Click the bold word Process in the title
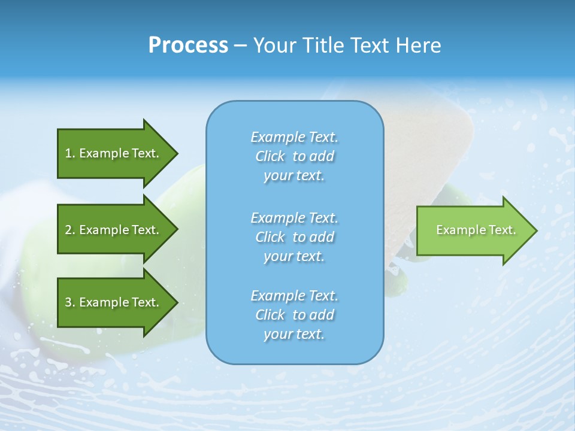point(188,45)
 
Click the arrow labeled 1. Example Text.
point(114,153)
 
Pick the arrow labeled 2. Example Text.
point(114,230)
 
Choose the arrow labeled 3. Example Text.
point(114,302)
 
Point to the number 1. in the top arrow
point(70,153)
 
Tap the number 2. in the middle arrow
point(70,230)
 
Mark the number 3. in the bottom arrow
point(70,302)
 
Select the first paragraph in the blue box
point(294,156)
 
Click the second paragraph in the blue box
point(294,237)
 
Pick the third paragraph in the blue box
point(294,315)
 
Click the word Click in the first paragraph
point(270,157)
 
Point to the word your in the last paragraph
point(277,335)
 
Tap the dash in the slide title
point(240,45)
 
